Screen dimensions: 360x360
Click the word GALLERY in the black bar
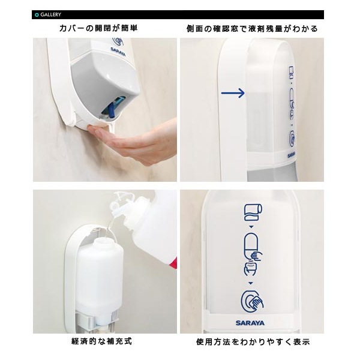[x=51, y=14]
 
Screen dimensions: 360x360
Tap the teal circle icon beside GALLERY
[x=37, y=15]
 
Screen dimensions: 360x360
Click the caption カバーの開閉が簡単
[x=98, y=28]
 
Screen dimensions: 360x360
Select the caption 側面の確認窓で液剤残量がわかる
[x=252, y=29]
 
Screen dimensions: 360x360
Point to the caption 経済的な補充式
[x=102, y=341]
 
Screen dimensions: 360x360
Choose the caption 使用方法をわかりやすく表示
[x=253, y=341]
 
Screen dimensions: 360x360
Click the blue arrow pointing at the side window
[x=233, y=93]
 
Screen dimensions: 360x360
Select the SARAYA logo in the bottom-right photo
[x=250, y=323]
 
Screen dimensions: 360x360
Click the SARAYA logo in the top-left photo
[x=118, y=52]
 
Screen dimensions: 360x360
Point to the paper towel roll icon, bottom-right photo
[x=253, y=212]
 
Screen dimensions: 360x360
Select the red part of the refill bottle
[x=173, y=263]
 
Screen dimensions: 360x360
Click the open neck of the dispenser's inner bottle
[x=101, y=240]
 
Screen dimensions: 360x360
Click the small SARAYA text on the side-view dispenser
[x=292, y=155]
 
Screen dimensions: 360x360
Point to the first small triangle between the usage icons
[x=251, y=227]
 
